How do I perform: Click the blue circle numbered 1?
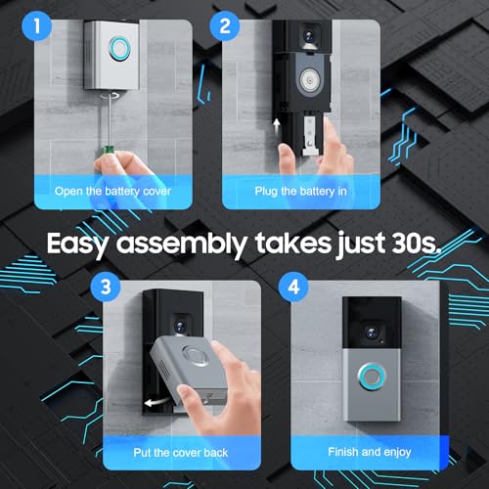(36, 25)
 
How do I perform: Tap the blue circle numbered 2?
(225, 25)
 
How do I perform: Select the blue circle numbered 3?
(106, 288)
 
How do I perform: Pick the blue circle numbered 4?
(293, 288)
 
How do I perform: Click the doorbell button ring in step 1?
(119, 49)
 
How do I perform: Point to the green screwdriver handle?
(108, 151)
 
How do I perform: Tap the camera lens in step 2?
(308, 35)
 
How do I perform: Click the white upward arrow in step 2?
(277, 126)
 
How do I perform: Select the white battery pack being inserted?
(311, 136)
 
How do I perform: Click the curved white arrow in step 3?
(156, 402)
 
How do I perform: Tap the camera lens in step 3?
(180, 326)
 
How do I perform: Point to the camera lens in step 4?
(372, 333)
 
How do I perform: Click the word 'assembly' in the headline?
(181, 244)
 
